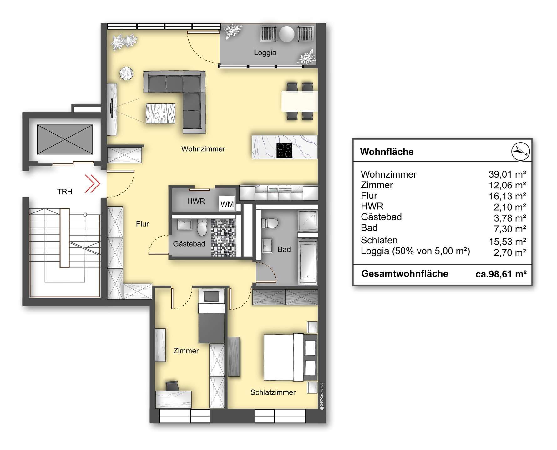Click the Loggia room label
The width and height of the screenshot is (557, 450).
tap(265, 52)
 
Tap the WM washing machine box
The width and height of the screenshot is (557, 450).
tap(227, 204)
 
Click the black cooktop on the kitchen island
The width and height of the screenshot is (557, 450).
tap(284, 150)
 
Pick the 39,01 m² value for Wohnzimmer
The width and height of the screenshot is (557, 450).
tap(507, 174)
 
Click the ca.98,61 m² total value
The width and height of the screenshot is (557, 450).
tap(501, 274)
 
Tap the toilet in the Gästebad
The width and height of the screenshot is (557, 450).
tap(202, 227)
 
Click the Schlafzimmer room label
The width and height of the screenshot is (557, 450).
tap(273, 392)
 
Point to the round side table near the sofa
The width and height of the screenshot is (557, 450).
tap(127, 74)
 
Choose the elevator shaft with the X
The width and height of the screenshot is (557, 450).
tap(65, 139)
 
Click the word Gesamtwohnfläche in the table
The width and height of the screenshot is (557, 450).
tap(405, 274)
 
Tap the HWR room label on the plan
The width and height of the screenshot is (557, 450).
tap(196, 201)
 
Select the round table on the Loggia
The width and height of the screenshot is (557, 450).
tap(287, 34)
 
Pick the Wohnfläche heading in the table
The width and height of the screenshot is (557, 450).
tap(387, 152)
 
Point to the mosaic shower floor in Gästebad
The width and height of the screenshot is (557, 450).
tap(223, 237)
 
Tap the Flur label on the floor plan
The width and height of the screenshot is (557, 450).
tap(142, 224)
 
